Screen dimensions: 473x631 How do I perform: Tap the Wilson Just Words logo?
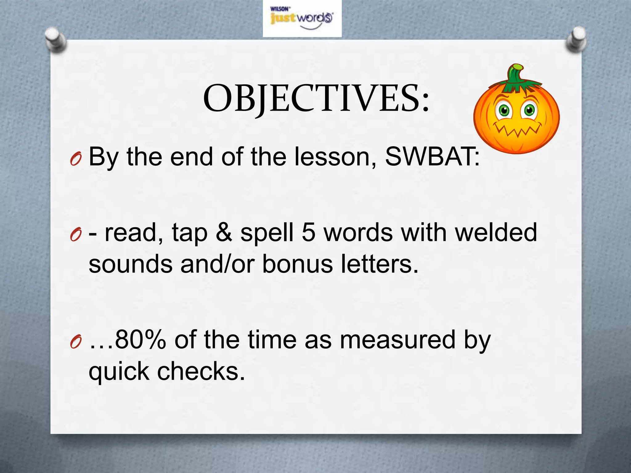point(302,18)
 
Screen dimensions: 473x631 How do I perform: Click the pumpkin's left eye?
point(504,110)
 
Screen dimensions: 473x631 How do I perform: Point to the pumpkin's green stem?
point(515,74)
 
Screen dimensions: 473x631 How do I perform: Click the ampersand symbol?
point(224,232)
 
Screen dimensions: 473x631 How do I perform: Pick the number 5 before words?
point(309,232)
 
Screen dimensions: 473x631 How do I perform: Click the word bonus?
point(297,265)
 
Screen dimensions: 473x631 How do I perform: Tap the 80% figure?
point(140,340)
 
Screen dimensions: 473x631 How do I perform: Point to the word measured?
point(397,340)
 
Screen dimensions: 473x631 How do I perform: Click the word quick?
point(119,372)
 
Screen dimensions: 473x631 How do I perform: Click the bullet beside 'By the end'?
point(76,160)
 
